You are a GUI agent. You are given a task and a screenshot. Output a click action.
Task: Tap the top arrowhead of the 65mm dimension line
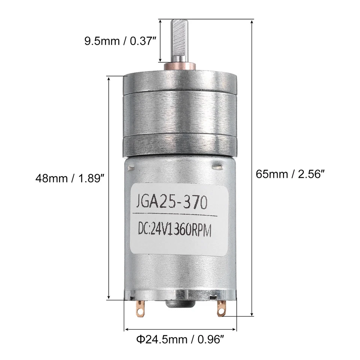[252, 21]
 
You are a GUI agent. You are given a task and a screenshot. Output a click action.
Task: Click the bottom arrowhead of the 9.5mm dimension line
[160, 60]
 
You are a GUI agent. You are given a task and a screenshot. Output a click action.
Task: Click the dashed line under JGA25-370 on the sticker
[174, 215]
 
